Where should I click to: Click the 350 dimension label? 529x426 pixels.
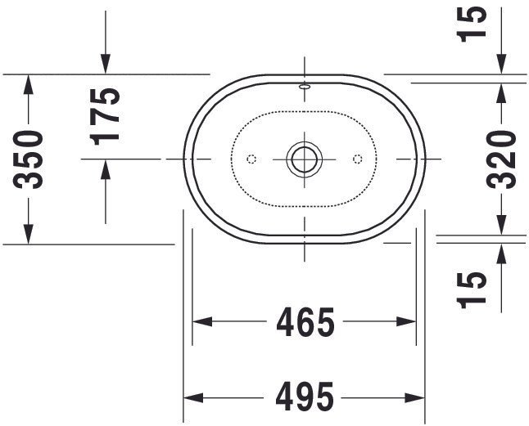[29, 159]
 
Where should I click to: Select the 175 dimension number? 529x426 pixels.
[105, 116]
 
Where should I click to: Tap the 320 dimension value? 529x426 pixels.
[502, 159]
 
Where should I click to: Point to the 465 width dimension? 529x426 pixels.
[305, 322]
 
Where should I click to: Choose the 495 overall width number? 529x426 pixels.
[305, 397]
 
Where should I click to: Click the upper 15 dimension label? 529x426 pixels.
[472, 24]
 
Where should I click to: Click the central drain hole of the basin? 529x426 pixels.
[305, 159]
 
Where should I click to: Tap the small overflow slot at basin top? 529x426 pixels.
[305, 87]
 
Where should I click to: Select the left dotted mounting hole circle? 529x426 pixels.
[251, 159]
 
